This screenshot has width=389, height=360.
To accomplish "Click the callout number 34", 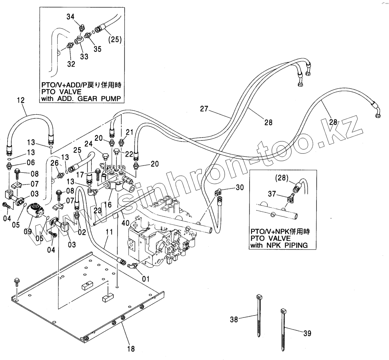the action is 71,17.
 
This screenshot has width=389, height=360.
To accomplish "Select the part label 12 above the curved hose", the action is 21,100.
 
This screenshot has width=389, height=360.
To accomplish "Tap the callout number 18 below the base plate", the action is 131,349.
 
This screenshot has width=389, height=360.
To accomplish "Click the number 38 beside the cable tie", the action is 234,319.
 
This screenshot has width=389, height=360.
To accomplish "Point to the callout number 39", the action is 307,334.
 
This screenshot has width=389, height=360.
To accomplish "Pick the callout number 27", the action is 204,109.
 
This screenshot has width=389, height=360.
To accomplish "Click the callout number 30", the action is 240,187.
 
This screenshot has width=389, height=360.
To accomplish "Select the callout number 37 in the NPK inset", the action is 272,194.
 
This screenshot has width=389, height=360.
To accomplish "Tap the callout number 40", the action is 126,223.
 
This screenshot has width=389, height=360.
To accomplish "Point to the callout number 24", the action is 88,144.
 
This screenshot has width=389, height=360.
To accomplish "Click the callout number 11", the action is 109,232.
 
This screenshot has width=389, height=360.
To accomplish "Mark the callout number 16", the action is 108,205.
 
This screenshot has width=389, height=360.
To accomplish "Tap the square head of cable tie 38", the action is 259,297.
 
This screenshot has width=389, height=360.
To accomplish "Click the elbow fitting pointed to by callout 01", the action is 131,266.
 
